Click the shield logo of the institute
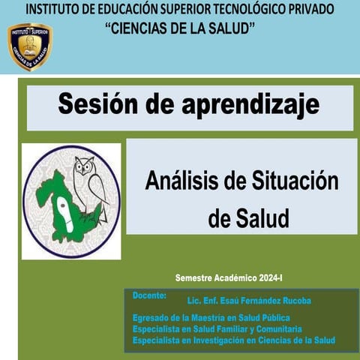click(29, 46)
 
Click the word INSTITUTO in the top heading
click(56, 10)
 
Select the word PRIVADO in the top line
click(327, 10)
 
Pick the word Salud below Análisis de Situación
click(259, 219)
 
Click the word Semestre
click(193, 277)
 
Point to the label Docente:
click(149, 295)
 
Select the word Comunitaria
click(275, 329)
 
